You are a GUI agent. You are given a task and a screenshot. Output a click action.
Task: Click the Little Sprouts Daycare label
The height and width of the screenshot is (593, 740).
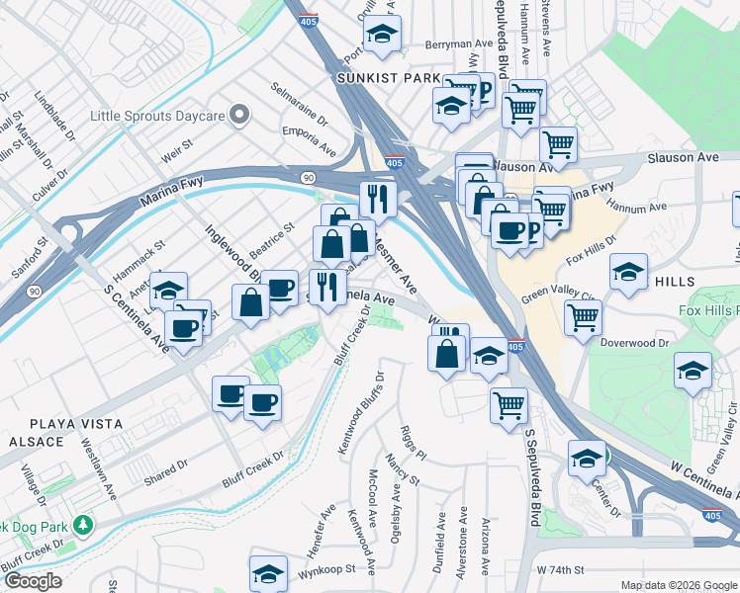coord(157,116)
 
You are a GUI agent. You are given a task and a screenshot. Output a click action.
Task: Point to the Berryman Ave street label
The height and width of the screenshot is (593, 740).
coord(458,44)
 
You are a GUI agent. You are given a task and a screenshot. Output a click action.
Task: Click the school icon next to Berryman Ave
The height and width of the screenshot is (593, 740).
coord(381,35)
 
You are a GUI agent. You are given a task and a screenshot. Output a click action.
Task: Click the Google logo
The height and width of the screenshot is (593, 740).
coord(33,581)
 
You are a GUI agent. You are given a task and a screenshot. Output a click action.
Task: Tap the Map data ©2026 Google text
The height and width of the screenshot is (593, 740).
coord(678,585)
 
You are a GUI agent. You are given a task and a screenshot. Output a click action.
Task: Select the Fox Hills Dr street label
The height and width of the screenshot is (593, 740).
coord(593,250)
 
